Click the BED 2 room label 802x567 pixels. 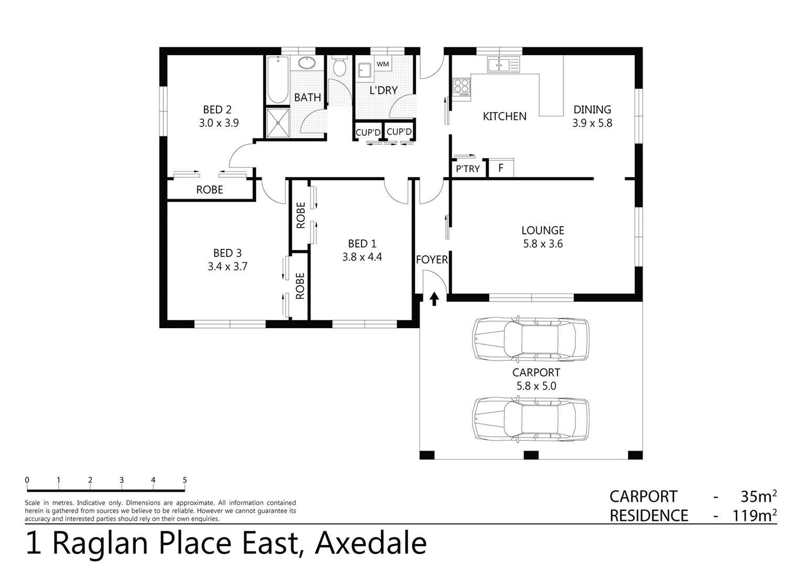(217, 110)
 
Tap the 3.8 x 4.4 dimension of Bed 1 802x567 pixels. (362, 257)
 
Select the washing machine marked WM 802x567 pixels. (383, 64)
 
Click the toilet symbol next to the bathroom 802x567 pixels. (339, 67)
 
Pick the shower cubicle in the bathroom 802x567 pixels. (277, 123)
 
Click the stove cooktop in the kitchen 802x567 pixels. (462, 87)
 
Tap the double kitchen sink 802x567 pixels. (498, 65)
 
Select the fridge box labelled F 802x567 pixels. (501, 169)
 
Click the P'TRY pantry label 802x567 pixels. (467, 169)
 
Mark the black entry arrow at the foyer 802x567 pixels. (434, 299)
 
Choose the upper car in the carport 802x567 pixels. (530, 339)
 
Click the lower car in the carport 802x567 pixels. (530, 419)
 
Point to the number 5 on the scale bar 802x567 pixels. (185, 480)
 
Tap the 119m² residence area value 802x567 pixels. (754, 516)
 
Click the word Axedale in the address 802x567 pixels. (370, 543)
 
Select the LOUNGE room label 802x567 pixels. (542, 230)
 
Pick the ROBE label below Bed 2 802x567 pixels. (209, 190)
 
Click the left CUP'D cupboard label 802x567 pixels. (368, 132)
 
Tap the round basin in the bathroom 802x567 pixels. (307, 64)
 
